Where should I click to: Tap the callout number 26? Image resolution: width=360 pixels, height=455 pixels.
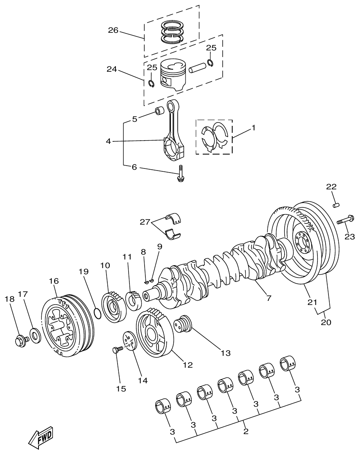pyautogui.click(x=113, y=30)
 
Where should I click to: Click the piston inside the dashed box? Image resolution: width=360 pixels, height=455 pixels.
pyautogui.click(x=173, y=75)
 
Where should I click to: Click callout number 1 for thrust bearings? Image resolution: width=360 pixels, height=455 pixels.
pyautogui.click(x=253, y=128)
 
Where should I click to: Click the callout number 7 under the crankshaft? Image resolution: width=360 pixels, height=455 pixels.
pyautogui.click(x=269, y=298)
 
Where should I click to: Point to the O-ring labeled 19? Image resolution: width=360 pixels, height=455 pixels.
pyautogui.click(x=97, y=314)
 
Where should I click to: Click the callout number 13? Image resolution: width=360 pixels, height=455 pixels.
pyautogui.click(x=225, y=352)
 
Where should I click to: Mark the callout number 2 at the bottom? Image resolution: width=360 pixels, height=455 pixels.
pyautogui.click(x=246, y=431)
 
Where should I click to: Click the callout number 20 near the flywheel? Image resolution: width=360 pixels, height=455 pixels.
pyautogui.click(x=326, y=322)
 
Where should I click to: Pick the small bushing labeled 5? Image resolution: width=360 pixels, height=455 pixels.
pyautogui.click(x=159, y=111)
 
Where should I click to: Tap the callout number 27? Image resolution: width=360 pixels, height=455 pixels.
pyautogui.click(x=145, y=222)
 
